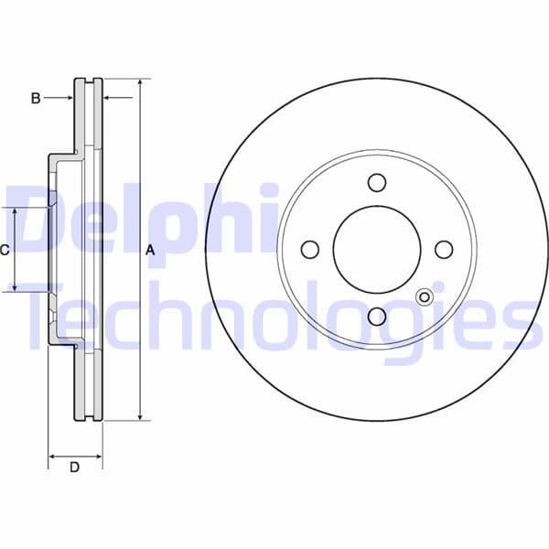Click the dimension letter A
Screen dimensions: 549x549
coord(151,250)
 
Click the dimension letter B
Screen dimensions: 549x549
coord(36,98)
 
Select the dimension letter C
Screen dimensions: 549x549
coord(5,250)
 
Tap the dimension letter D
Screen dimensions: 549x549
coord(75,468)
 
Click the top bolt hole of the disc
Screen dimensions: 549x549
coord(377,183)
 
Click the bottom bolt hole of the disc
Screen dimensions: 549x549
coord(377,317)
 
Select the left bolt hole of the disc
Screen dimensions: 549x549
coord(310,250)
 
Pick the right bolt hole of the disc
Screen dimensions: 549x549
coord(444,250)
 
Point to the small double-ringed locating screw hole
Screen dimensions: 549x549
coord(425,296)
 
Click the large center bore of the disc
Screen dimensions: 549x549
coord(377,250)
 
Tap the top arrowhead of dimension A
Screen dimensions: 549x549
coord(140,83)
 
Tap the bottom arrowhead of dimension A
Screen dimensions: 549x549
coord(140,415)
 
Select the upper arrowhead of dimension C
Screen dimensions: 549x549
coord(15,212)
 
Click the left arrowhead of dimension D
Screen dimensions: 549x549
coord(52,455)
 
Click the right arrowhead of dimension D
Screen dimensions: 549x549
coord(98,455)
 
